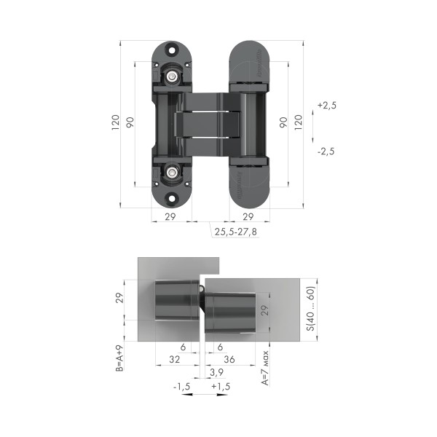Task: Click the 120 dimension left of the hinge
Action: point(115,123)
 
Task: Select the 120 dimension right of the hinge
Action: point(298,122)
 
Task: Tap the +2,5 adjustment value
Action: point(326,106)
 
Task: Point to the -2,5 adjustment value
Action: point(326,151)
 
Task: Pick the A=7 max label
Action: point(266,369)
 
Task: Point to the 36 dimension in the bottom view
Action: point(229,359)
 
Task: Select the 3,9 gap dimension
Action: point(216,372)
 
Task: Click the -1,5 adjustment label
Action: point(182,386)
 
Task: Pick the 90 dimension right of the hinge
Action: point(283,122)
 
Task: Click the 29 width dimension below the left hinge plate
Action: point(170,217)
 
